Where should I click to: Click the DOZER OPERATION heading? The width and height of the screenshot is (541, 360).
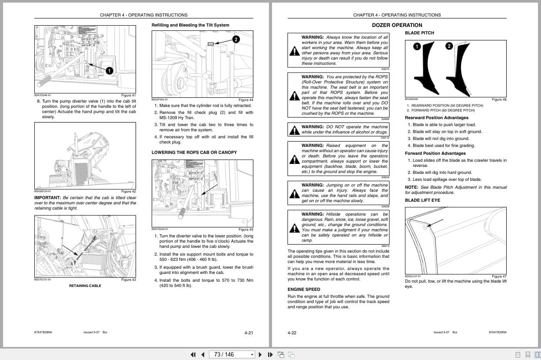point(397,25)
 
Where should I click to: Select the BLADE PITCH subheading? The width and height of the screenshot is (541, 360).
point(419,33)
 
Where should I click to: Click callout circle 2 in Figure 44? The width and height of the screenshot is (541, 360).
point(236,40)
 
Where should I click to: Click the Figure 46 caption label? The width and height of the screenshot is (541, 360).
point(499,100)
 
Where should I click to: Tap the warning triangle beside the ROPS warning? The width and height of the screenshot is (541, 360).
point(294,95)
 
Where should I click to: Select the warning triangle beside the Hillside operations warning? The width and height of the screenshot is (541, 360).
point(294,227)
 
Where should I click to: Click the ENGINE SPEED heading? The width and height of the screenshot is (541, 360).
point(304,289)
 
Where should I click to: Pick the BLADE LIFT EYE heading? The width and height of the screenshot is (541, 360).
point(422,200)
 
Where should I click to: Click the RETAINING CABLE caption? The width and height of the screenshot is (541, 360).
point(85,286)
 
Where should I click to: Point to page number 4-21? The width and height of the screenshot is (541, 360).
point(249,333)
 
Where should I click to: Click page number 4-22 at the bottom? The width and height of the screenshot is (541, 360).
point(292,333)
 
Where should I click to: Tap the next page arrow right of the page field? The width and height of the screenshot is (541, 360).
point(260,354)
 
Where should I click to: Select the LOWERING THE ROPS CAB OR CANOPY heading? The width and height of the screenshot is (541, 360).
point(194,153)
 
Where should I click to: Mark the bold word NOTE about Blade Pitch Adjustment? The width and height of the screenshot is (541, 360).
point(412,187)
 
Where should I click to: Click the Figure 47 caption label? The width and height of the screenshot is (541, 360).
point(499,277)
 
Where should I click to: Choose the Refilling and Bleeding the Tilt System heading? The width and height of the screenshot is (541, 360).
point(190,25)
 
